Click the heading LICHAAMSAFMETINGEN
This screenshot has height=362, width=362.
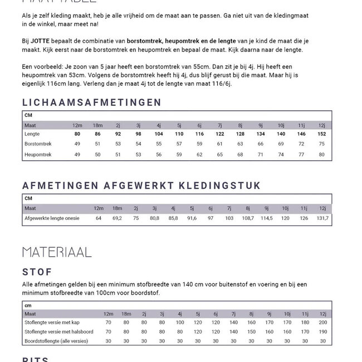pos(92,102)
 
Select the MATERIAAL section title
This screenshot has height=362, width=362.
pos(57,252)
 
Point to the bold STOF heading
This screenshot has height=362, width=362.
pos(37,272)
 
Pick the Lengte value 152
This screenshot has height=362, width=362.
pos(321,134)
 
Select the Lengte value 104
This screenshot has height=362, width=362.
pos(159,134)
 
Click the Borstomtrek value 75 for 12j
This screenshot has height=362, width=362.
pos(321,144)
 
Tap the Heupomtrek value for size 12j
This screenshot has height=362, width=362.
pos(321,154)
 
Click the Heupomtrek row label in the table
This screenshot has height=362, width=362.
pos(38,154)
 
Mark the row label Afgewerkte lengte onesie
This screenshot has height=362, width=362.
pos(52,218)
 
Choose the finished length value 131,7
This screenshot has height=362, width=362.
pos(322,218)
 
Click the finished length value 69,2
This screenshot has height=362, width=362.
pos(117,218)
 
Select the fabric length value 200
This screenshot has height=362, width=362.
pos(323,322)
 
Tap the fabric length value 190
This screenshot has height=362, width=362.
pos(323,332)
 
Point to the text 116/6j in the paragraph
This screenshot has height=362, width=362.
pos(219,83)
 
